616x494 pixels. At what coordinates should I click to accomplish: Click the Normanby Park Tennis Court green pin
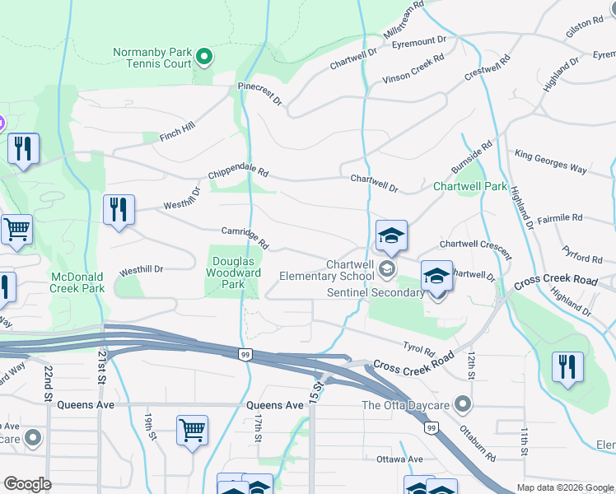click(204, 57)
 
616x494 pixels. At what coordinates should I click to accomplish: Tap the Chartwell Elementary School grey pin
click(385, 268)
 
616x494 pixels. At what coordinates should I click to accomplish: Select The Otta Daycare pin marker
click(464, 404)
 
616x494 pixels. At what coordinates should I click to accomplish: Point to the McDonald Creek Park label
click(77, 282)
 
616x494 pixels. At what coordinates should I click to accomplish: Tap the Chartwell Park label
click(470, 186)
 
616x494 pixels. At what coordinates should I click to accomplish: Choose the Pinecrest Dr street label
click(259, 93)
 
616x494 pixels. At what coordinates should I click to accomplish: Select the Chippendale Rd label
click(239, 172)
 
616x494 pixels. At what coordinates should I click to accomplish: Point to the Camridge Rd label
click(245, 239)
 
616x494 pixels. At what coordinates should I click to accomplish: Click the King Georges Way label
click(550, 161)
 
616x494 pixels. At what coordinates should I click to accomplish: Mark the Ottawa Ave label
click(399, 459)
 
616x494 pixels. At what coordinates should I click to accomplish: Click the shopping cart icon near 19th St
click(192, 430)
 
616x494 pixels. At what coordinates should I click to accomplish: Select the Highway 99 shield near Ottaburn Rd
click(430, 428)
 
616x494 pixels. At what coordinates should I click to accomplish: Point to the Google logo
click(27, 484)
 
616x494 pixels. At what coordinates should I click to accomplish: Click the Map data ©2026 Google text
click(564, 487)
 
